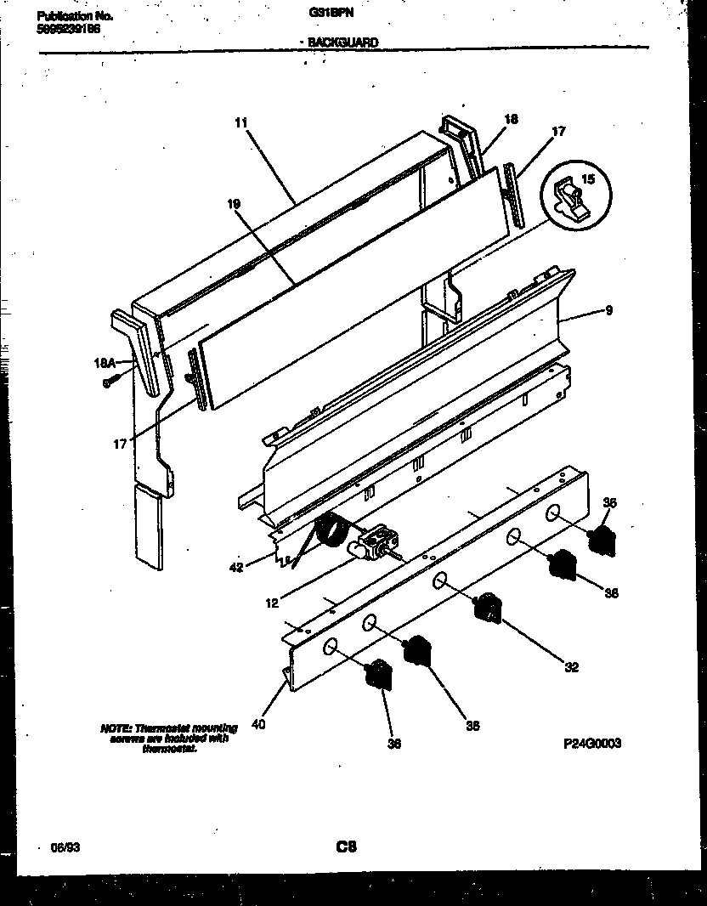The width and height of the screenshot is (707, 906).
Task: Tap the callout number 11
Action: coord(240,122)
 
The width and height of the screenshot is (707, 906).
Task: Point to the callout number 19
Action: coord(235,204)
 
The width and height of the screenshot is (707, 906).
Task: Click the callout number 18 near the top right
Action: coord(511,120)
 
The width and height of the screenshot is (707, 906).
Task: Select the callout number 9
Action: coord(609,312)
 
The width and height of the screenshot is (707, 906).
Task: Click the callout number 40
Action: coord(259,724)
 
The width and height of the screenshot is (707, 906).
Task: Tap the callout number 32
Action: coord(571,667)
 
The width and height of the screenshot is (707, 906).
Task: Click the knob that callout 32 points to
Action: coord(487,606)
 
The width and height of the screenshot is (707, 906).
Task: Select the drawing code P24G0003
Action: coord(592,742)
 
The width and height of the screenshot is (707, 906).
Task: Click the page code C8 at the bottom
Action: coord(346,847)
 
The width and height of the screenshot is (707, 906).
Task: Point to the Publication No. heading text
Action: coord(76,15)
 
